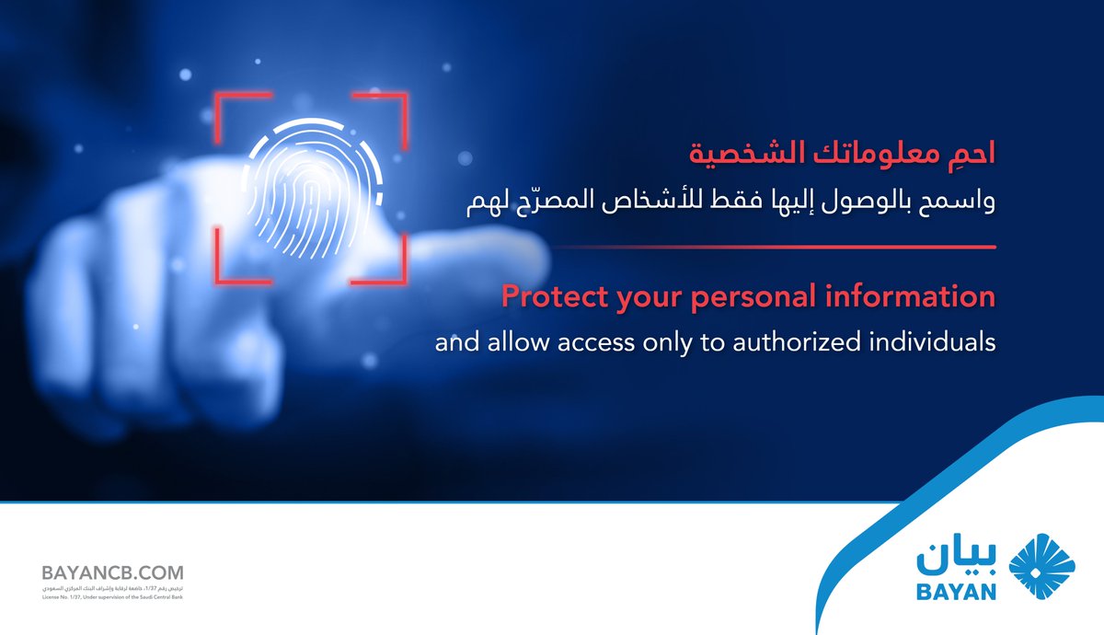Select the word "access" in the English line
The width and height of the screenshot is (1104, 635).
tap(611, 343)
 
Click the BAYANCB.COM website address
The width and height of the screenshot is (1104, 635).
tap(112, 572)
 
